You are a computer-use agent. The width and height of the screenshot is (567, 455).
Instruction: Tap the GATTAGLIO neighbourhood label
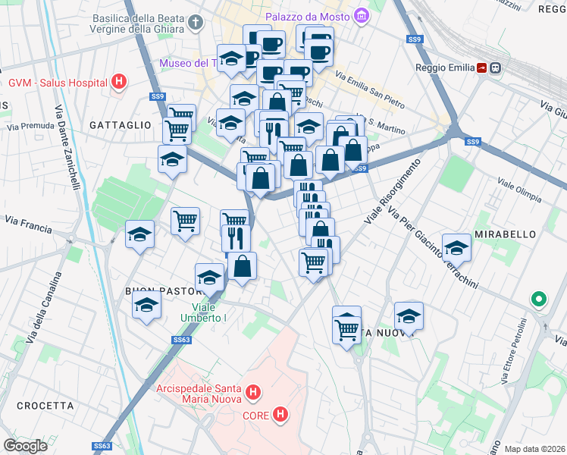[120, 124]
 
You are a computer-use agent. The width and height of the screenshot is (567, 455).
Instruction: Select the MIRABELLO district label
[506, 235]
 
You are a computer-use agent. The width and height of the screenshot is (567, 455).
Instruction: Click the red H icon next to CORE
[281, 414]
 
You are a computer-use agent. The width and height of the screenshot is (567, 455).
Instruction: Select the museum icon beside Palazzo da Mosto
[362, 16]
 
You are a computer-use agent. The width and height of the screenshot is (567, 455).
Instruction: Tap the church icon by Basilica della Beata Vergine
[197, 23]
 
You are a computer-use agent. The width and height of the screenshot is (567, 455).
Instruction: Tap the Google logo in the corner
[25, 445]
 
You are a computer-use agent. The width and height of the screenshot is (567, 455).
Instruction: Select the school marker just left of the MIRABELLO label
[456, 247]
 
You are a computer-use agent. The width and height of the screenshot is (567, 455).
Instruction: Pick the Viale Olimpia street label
[518, 184]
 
